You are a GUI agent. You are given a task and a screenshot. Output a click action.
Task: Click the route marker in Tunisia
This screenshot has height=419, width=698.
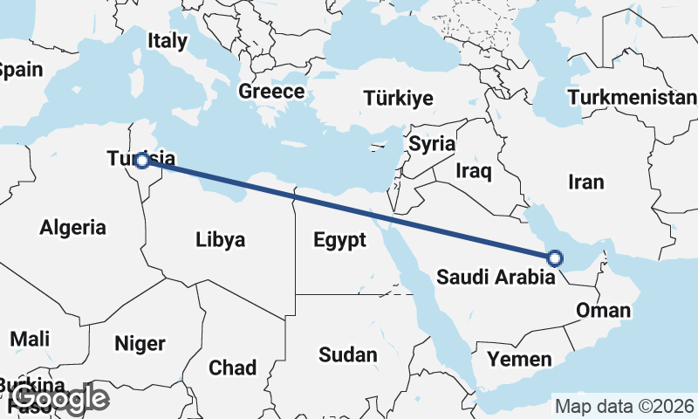pyautogui.click(x=141, y=161)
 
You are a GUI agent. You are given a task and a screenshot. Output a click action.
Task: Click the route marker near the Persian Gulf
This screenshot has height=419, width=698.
pyautogui.click(x=555, y=258)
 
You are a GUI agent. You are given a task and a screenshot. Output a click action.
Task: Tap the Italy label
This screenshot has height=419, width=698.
pyautogui.click(x=168, y=40)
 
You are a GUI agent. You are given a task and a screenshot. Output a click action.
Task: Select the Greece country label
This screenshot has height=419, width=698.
pyautogui.click(x=271, y=92)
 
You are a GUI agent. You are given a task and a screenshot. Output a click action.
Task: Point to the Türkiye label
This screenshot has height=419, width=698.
pyautogui.click(x=399, y=97)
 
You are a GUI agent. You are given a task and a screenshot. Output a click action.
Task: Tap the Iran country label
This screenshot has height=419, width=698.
pyautogui.click(x=585, y=182)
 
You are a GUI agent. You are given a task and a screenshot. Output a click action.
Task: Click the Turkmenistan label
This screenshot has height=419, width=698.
pyautogui.click(x=632, y=96)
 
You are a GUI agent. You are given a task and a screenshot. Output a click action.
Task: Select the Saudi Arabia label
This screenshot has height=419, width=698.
pyautogui.click(x=495, y=278)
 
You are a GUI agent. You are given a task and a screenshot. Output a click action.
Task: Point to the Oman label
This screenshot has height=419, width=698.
pyautogui.click(x=603, y=310)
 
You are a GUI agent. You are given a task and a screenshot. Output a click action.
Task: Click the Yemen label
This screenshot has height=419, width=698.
pyautogui.click(x=519, y=359)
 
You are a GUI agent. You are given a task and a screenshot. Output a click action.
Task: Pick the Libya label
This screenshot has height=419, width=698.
pyautogui.click(x=220, y=239)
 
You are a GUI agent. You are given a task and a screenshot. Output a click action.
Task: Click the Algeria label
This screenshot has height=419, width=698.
pyautogui.click(x=73, y=228)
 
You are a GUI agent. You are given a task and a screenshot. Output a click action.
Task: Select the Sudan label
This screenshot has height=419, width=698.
pyautogui.click(x=348, y=354)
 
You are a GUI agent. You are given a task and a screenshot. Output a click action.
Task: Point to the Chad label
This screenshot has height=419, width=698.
pyautogui.click(x=232, y=367)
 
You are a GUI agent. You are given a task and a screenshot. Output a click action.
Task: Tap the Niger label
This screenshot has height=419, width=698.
pyautogui.click(x=140, y=343)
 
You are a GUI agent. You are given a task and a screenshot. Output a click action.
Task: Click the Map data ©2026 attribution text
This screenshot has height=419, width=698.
pyautogui.click(x=625, y=407)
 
